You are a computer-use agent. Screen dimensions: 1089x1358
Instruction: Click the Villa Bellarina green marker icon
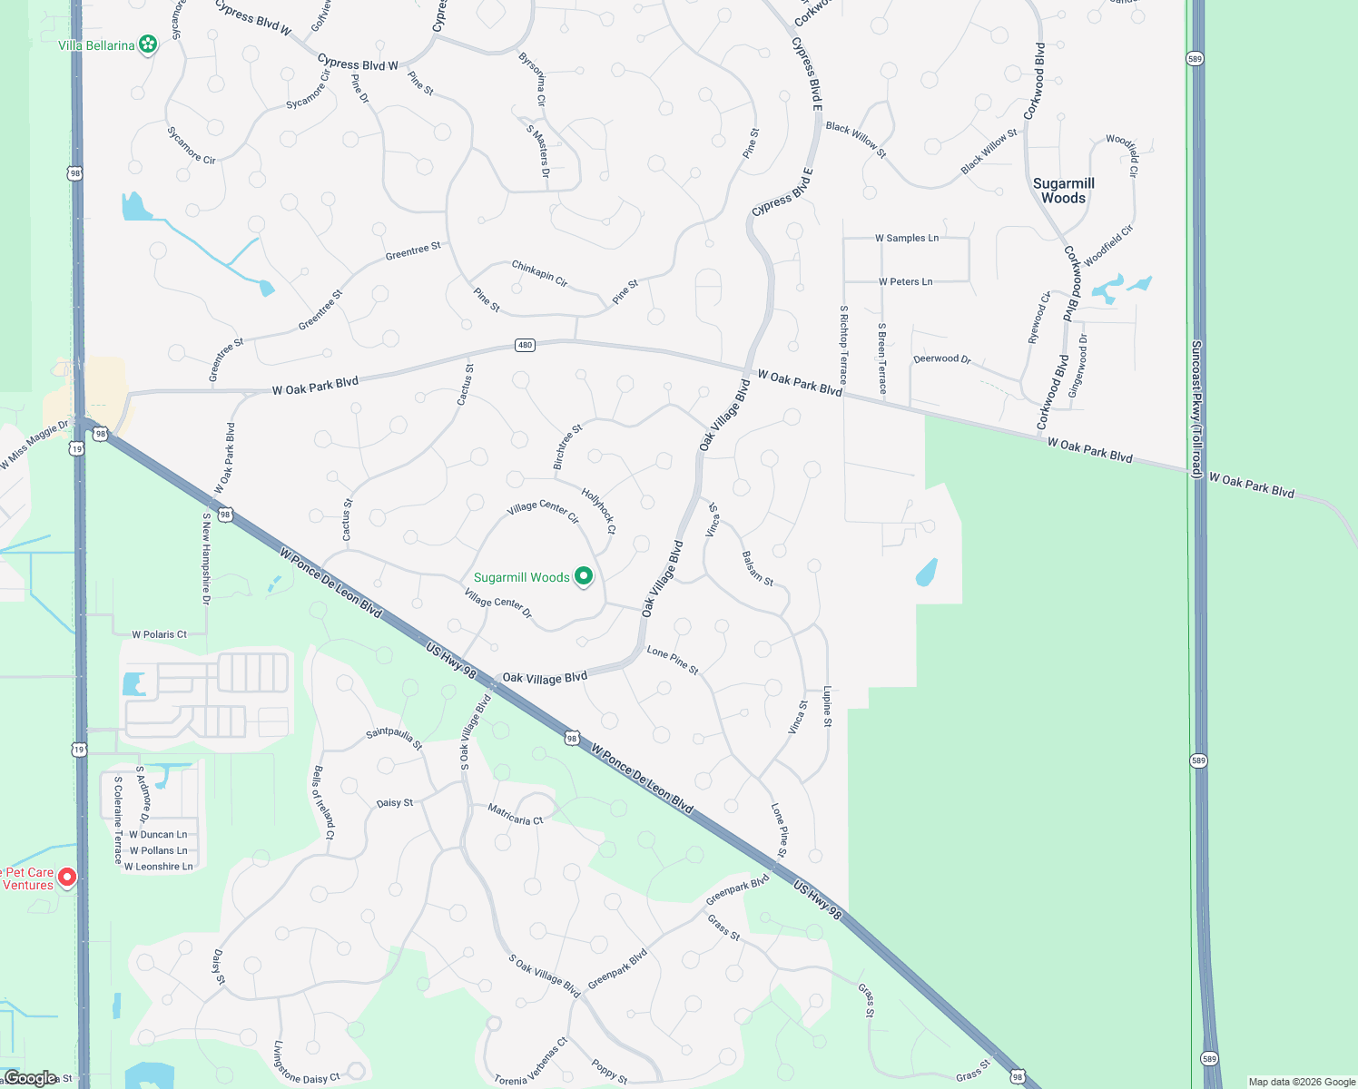click(x=148, y=44)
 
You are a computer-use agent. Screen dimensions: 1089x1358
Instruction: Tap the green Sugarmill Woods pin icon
click(x=585, y=576)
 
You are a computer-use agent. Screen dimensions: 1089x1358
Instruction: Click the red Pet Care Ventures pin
click(x=66, y=878)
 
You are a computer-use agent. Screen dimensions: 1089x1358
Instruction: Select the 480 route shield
click(x=525, y=345)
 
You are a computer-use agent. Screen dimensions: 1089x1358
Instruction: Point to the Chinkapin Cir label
click(x=539, y=274)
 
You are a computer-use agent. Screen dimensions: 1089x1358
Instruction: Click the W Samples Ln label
click(x=906, y=238)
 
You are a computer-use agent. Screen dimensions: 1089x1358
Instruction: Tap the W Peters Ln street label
click(x=905, y=281)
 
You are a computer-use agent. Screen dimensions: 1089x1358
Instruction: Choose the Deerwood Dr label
click(x=941, y=358)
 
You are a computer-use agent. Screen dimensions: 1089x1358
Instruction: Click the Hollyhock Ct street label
click(x=598, y=512)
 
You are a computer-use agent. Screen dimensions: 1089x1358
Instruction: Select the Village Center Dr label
click(x=497, y=603)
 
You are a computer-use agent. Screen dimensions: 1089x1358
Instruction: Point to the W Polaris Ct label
click(x=159, y=634)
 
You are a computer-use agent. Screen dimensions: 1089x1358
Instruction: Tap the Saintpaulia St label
click(x=394, y=738)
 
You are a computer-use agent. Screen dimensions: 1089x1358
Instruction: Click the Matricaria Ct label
click(x=515, y=814)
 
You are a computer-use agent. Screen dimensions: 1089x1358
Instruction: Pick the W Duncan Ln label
click(x=158, y=834)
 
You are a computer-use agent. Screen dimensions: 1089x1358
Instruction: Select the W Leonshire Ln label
click(x=158, y=867)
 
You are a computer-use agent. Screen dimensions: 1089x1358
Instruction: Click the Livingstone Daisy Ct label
click(x=306, y=1063)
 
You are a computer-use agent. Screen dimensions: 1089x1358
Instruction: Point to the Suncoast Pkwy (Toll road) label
click(x=1196, y=408)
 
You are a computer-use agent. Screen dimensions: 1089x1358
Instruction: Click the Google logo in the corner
click(x=30, y=1078)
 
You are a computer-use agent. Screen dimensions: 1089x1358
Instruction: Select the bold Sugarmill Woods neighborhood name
click(x=1063, y=191)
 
